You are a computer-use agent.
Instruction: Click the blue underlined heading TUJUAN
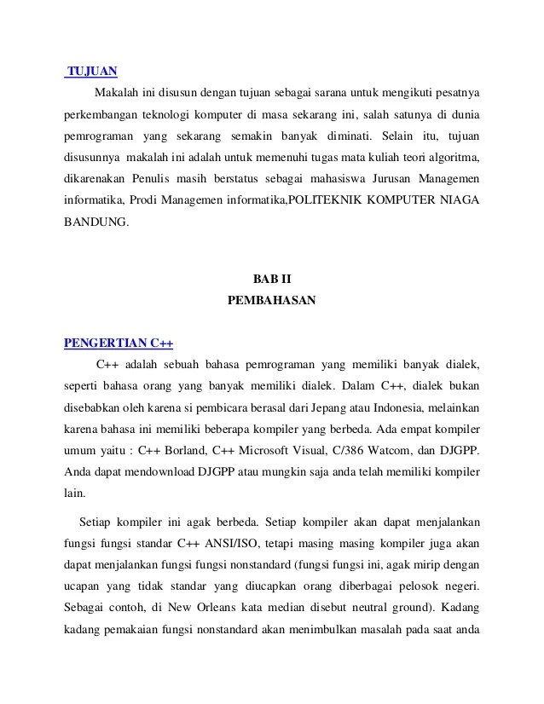point(92,71)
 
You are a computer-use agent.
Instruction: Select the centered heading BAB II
point(272,279)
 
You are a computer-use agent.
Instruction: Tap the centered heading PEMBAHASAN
point(272,300)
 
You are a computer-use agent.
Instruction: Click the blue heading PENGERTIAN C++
point(119,343)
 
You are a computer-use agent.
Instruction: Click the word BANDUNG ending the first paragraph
point(96,222)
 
